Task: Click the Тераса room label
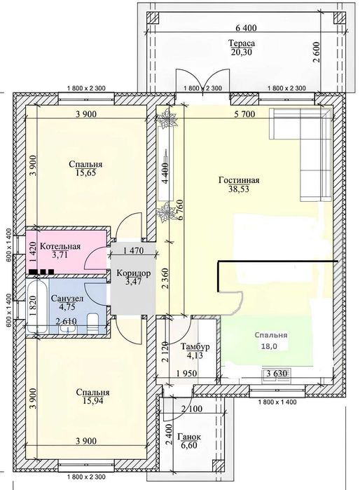tap(242, 43)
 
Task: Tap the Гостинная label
tap(239, 180)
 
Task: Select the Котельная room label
tap(60, 246)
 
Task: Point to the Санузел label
tap(67, 299)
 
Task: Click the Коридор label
tap(134, 273)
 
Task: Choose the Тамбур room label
tap(195, 346)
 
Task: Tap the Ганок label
tap(189, 437)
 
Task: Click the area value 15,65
tap(85, 172)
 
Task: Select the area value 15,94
tap(93, 401)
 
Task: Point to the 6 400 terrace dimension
tap(246, 28)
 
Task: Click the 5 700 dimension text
tap(244, 114)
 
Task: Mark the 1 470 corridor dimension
tap(133, 250)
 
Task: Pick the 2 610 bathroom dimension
tap(67, 321)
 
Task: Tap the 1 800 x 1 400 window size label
tap(277, 402)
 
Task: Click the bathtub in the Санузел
tap(37, 306)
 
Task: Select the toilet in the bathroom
tap(92, 323)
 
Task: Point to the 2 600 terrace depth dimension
tap(317, 52)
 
